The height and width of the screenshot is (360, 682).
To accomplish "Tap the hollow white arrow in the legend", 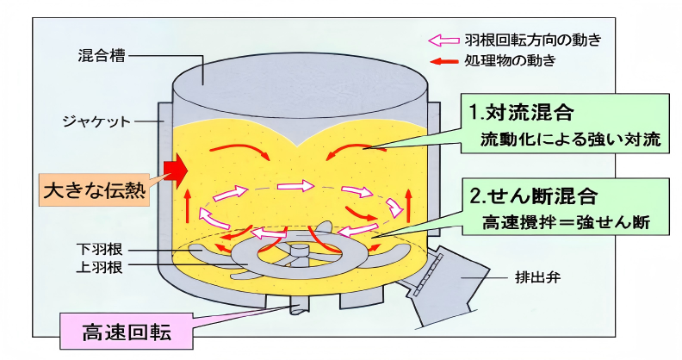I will click(444, 40).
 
